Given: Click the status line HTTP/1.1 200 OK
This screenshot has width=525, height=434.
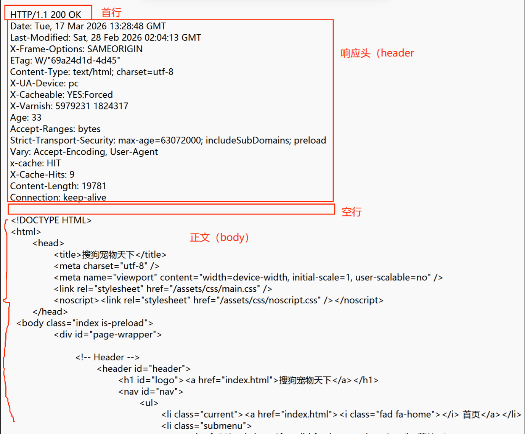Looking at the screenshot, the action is [x=46, y=15].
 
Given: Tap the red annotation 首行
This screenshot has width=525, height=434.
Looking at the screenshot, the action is [x=111, y=13].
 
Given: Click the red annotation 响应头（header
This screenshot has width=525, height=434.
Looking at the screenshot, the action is [x=377, y=53].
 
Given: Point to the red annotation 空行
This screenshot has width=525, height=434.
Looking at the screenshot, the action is [x=352, y=212].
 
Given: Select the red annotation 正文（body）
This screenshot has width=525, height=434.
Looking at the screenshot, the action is [x=219, y=237].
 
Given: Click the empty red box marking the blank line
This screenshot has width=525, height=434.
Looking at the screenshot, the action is [x=171, y=209].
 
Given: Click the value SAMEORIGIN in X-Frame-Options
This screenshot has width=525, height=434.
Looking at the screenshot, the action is [x=115, y=49].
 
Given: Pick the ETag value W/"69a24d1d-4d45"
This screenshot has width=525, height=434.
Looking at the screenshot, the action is [x=77, y=60].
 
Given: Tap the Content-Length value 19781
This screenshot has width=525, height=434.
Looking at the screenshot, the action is [x=94, y=186].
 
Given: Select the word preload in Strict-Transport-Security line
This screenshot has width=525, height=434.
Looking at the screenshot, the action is [x=310, y=140].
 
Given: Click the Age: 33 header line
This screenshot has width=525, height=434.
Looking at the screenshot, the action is [x=26, y=117].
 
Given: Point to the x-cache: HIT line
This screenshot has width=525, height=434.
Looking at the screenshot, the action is [x=35, y=163].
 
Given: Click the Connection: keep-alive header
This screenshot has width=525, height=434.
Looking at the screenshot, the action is [x=58, y=197].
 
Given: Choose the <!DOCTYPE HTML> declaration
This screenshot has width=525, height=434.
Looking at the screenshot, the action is [x=51, y=220].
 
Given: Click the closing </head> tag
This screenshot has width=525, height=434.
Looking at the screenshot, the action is [x=50, y=311].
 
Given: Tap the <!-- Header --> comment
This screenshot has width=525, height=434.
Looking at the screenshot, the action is [x=108, y=357].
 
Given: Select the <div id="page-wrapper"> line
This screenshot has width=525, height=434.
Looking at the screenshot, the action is [x=108, y=334].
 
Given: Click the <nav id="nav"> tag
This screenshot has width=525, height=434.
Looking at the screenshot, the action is [x=151, y=392].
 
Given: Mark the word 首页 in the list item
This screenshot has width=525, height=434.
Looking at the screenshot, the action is [x=471, y=415].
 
